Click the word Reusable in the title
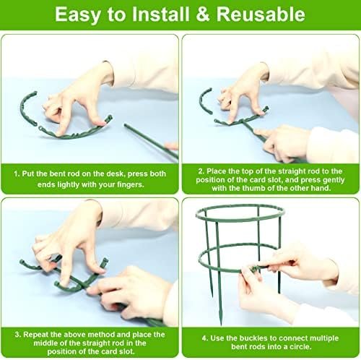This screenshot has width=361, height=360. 261,14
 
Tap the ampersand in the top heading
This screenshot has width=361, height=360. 203,14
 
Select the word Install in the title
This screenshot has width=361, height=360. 161,14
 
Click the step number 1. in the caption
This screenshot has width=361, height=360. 17,173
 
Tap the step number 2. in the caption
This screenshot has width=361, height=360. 201,171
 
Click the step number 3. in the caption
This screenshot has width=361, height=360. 18,335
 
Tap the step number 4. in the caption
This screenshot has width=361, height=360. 205,338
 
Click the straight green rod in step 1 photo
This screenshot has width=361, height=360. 151,142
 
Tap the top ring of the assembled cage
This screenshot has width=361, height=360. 240,213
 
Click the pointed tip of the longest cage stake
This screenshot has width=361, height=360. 221,324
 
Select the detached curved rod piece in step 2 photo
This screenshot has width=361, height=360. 204,100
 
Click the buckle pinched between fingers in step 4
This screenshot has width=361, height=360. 255,267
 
